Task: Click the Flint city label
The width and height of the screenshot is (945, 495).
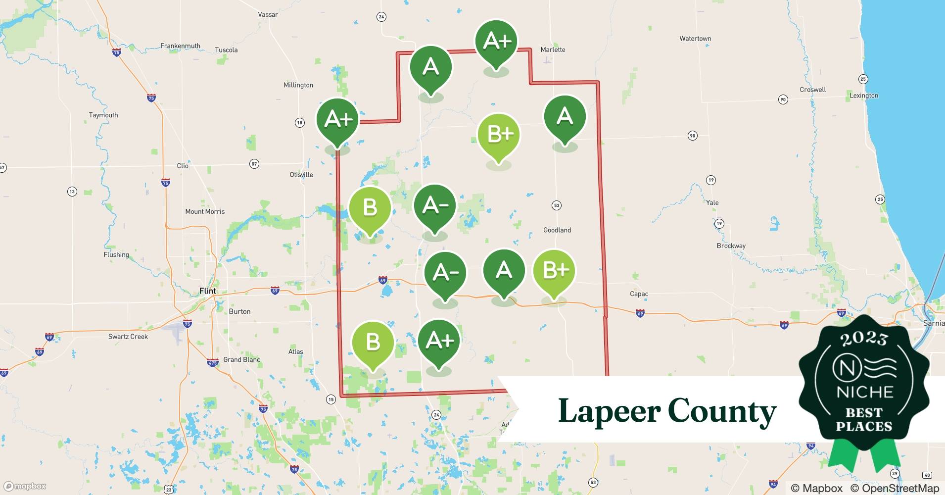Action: click(207, 291)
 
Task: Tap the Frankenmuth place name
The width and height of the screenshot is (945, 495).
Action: click(180, 46)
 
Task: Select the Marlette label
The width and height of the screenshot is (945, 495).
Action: click(553, 49)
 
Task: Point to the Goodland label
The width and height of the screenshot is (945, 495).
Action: click(557, 230)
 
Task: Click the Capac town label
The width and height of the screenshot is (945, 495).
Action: click(639, 294)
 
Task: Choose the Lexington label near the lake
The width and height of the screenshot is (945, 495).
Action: click(864, 96)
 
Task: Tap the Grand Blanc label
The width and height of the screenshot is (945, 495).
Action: click(241, 360)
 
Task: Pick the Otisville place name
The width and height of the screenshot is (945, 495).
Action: click(301, 175)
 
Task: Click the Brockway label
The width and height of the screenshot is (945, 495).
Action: click(731, 246)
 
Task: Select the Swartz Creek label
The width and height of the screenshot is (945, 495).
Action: click(128, 337)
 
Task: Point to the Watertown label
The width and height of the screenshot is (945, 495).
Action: click(695, 39)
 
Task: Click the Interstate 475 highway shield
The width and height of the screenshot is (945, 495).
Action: click(213, 363)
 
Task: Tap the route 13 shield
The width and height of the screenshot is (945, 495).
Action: click(72, 192)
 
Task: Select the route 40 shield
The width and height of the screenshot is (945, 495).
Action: click(927, 475)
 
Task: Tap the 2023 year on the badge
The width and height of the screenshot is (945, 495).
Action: click(864, 338)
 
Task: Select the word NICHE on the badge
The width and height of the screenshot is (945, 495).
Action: click(865, 392)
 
